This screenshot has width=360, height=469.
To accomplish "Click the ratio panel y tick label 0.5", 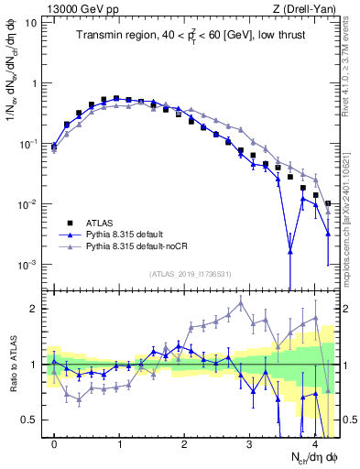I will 31,420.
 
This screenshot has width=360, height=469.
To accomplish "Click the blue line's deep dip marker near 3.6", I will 289,250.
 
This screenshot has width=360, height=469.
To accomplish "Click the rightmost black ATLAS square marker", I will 328,203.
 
